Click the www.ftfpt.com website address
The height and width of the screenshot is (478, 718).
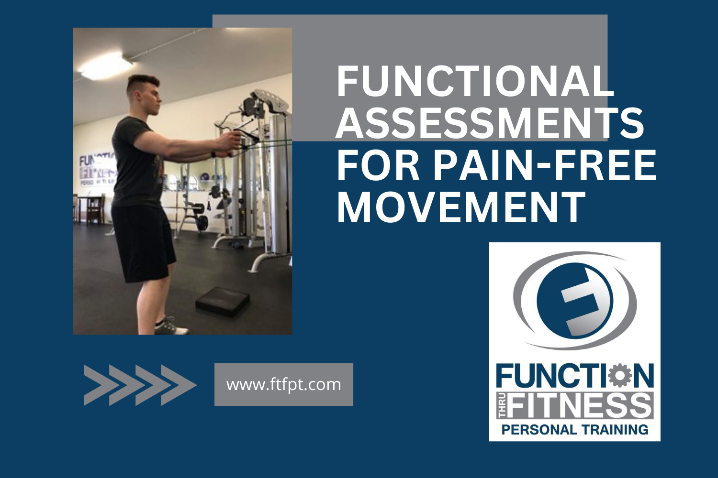[283, 384]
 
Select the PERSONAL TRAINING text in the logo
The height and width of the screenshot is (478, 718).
[574, 429]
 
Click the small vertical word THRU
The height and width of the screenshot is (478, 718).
[501, 406]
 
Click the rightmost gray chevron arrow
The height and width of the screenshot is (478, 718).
[178, 385]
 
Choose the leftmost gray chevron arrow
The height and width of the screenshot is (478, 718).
[97, 385]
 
